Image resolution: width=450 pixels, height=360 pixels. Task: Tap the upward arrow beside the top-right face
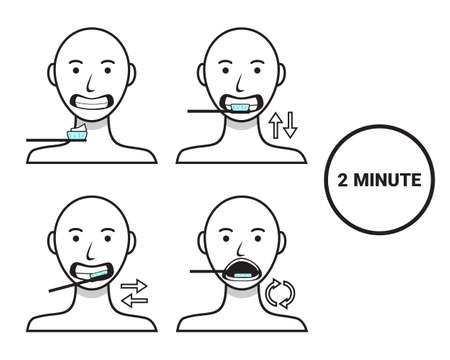(x=277, y=125)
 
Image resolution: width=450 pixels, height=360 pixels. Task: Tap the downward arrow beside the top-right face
(x=291, y=125)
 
